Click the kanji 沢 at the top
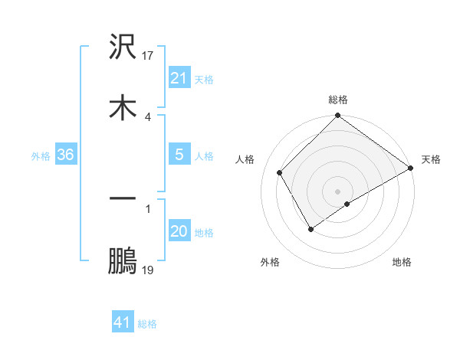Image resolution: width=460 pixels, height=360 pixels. [123, 47]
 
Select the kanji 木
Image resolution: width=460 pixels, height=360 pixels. [123, 108]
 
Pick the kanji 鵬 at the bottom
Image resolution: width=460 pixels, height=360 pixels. [123, 260]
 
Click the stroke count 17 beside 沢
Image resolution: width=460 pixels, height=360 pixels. [149, 55]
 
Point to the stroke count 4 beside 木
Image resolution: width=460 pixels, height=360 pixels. [147, 116]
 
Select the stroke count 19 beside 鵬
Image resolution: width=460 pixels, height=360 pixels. [149, 270]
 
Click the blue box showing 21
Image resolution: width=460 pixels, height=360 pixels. [179, 78]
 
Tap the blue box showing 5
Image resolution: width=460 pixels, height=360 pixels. [179, 155]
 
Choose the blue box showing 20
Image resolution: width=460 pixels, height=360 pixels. [179, 232]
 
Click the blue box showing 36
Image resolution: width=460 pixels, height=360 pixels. [65, 155]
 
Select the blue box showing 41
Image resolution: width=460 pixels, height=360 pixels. [123, 323]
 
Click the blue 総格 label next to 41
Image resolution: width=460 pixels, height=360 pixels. [147, 324]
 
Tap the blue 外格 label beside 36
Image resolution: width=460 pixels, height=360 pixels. [41, 156]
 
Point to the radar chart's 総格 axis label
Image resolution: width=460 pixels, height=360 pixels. [338, 100]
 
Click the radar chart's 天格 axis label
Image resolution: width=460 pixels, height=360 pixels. [431, 160]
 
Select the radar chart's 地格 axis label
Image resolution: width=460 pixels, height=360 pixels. [402, 263]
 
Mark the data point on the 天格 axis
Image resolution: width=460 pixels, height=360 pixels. [411, 168]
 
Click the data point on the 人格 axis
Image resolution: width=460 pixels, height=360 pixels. [280, 172]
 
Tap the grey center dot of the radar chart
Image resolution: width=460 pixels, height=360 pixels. [338, 191]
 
